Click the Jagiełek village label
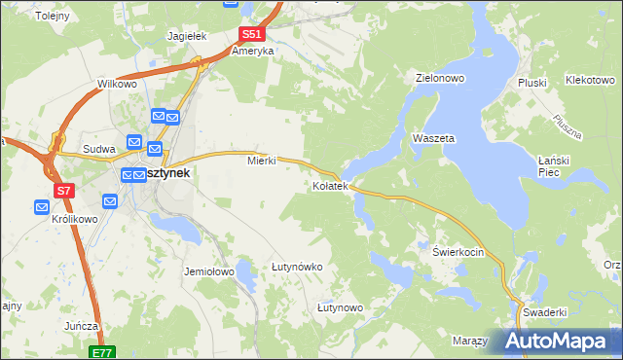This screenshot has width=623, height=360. pyautogui.click(x=187, y=35)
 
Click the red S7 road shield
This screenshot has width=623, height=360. pyautogui.click(x=64, y=191)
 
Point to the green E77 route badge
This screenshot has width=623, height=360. pyautogui.click(x=104, y=352)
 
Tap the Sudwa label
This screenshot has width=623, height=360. pyautogui.click(x=99, y=149)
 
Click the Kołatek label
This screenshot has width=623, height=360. pyautogui.click(x=330, y=185)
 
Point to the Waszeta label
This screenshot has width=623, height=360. pyautogui.click(x=433, y=138)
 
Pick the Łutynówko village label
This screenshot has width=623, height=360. pyautogui.click(x=297, y=266)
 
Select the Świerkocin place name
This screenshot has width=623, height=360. pyautogui.click(x=458, y=250)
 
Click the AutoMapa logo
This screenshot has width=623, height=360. pyautogui.click(x=558, y=342)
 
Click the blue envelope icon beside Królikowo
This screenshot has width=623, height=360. pyautogui.click(x=42, y=206)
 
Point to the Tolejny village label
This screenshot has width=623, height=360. pyautogui.click(x=52, y=17)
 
